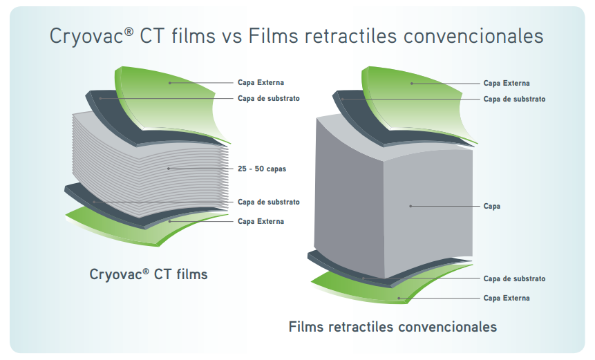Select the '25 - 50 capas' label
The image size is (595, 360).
(x=262, y=169)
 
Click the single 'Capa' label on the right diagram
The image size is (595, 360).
(x=491, y=206)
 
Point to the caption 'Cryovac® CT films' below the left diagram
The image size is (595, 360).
(x=149, y=274)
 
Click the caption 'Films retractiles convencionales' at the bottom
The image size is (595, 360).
(x=393, y=326)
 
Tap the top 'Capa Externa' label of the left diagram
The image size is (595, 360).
(x=261, y=83)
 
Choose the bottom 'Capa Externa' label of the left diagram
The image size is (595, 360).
(x=261, y=221)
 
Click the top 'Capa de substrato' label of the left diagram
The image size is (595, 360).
(x=268, y=98)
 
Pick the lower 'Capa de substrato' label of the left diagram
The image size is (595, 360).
(x=268, y=202)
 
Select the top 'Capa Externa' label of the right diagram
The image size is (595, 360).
(x=507, y=83)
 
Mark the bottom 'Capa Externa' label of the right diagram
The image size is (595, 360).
(x=507, y=298)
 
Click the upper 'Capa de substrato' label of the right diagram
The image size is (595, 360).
(x=514, y=99)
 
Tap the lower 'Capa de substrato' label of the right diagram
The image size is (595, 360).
(x=514, y=278)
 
